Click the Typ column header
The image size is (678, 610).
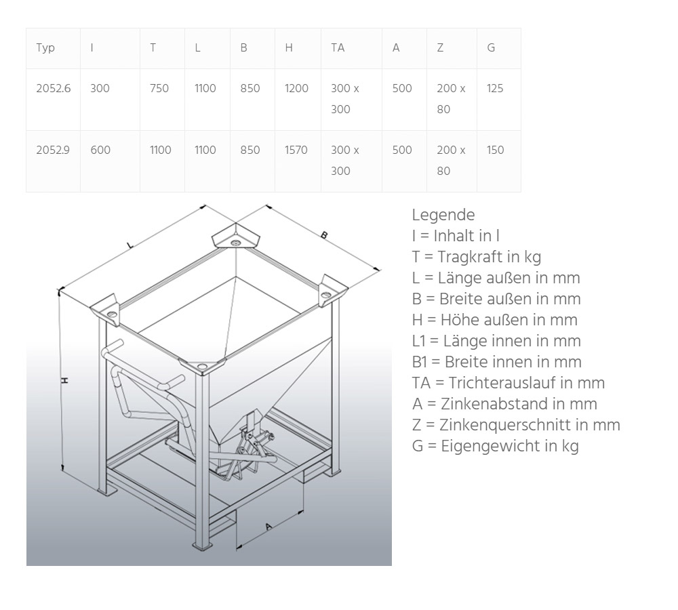coord(45,47)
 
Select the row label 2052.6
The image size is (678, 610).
coord(54,88)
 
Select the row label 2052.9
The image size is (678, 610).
coord(54,150)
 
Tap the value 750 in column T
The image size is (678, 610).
coord(159,88)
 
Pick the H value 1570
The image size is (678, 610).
coord(296,150)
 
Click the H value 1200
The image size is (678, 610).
coord(296,88)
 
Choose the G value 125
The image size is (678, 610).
coord(495,88)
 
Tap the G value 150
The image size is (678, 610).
coord(495,150)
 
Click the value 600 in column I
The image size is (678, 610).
coord(100,150)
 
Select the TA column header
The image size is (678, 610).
coord(338,47)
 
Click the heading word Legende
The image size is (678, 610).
coord(443,215)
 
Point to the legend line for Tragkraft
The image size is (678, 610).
coord(476,257)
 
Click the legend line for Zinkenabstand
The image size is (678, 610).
coord(504,404)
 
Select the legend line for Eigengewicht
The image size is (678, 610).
coord(495,446)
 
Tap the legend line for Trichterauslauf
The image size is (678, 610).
coord(508,383)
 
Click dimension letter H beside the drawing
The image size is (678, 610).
coord(65,380)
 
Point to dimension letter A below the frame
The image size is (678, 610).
coord(268,527)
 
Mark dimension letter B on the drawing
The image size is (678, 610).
coord(324,235)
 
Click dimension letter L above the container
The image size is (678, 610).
coord(129,245)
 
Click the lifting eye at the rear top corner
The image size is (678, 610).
coord(235,241)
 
